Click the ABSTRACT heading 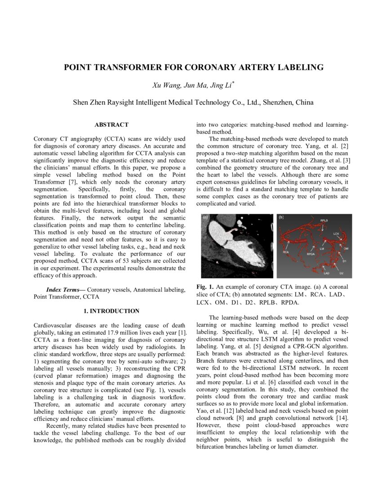[x=111, y=124]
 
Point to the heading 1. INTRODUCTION [x=111, y=311]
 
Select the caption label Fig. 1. [x=205, y=287]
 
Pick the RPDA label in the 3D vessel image [x=311, y=254]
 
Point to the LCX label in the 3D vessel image [x=336, y=234]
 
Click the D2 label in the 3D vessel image [x=342, y=273]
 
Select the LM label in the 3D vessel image [x=322, y=248]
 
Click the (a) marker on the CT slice [x=206, y=217]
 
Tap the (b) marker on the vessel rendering [x=281, y=217]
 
